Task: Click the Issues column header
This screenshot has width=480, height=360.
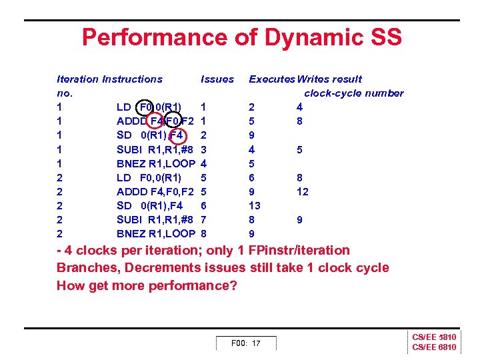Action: tap(217, 79)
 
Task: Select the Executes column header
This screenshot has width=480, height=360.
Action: tap(272, 79)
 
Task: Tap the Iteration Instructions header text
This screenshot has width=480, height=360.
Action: tap(109, 79)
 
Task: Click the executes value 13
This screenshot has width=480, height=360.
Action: tap(254, 205)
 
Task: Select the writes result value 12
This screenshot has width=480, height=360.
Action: tap(303, 191)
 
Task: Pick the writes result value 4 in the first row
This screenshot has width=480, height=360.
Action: tap(300, 107)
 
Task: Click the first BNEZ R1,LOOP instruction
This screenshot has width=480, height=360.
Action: tap(155, 163)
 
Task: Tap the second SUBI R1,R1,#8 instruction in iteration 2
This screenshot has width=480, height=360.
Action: tap(155, 219)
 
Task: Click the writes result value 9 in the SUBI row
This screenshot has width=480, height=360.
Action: tap(300, 219)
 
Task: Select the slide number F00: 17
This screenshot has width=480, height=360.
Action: tap(245, 343)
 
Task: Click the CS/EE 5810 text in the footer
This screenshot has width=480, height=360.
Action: tap(434, 338)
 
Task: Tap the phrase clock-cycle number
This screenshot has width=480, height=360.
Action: tap(353, 93)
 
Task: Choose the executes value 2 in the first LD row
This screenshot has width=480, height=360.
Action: tap(251, 107)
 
